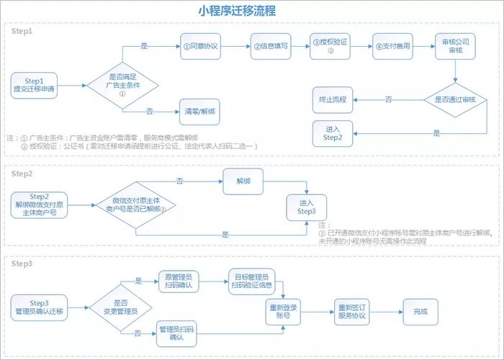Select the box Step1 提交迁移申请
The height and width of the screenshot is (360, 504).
[35, 85]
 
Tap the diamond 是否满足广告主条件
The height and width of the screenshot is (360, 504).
[122, 85]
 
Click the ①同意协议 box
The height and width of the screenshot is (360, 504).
[199, 46]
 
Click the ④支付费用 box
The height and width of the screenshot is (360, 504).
[392, 46]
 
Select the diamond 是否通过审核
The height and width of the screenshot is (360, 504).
[454, 98]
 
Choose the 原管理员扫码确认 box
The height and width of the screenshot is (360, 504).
[177, 281]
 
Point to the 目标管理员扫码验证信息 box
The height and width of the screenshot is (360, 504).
[250, 280]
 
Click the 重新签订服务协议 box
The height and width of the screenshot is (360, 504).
[353, 311]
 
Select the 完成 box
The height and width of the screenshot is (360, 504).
[420, 311]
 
